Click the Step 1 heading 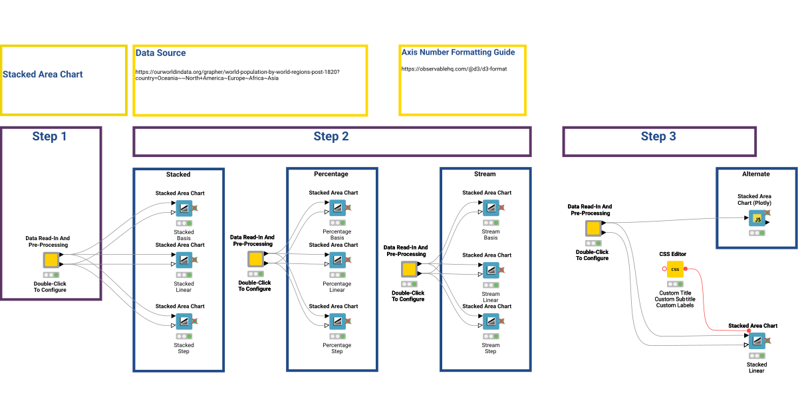pyautogui.click(x=50, y=137)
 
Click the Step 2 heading pyautogui.click(x=331, y=137)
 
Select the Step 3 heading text pyautogui.click(x=658, y=137)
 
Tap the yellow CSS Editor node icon pyautogui.click(x=675, y=269)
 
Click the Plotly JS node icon pyautogui.click(x=757, y=218)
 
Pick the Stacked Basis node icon pyautogui.click(x=184, y=208)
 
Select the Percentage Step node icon pyautogui.click(x=337, y=322)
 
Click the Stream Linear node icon pyautogui.click(x=491, y=270)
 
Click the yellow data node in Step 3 pyautogui.click(x=593, y=229)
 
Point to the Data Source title pyautogui.click(x=161, y=53)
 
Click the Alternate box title pyautogui.click(x=755, y=174)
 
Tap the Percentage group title pyautogui.click(x=331, y=174)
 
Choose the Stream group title pyautogui.click(x=485, y=174)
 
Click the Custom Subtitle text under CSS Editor pyautogui.click(x=675, y=299)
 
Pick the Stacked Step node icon pyautogui.click(x=184, y=322)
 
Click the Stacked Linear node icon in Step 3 pyautogui.click(x=757, y=341)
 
